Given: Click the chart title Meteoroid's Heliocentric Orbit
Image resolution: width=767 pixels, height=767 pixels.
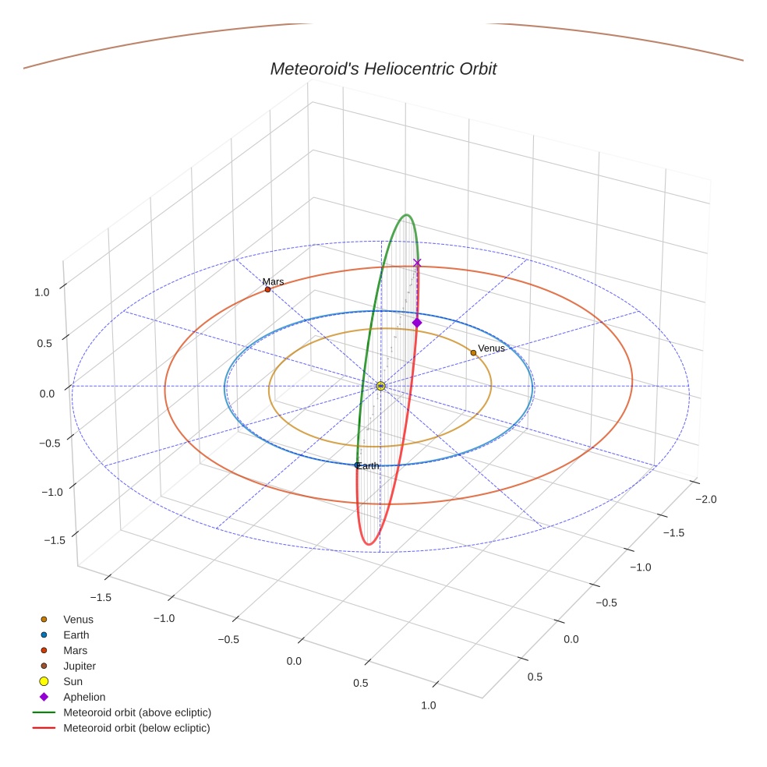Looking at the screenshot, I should tap(383, 69).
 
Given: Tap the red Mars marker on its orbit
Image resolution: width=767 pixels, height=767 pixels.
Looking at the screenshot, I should tap(268, 290).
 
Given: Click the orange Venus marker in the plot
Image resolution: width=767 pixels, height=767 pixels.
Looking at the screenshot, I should tap(473, 353).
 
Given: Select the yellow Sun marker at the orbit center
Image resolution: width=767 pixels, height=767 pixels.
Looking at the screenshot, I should tap(380, 387).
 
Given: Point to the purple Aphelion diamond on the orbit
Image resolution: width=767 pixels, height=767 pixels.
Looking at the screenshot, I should tap(417, 323).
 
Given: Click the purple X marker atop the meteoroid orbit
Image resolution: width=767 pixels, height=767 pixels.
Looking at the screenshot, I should tap(417, 263).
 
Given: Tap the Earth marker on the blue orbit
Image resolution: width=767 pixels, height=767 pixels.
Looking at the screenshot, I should tap(358, 465).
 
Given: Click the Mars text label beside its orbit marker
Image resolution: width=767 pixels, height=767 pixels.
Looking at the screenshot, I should tap(273, 281).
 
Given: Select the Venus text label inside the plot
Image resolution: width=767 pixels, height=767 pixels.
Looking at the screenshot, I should tap(491, 348).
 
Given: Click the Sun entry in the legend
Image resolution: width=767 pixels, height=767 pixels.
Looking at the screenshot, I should tap(72, 682).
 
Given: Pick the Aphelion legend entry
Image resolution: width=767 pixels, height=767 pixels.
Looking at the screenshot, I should tap(84, 698).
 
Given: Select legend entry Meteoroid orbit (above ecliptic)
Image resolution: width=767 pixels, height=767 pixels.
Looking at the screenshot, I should tap(137, 713).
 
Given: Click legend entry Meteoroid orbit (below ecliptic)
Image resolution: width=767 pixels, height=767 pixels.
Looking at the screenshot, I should tap(136, 729).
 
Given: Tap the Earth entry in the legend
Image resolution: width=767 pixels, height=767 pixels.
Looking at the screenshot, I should tap(76, 635).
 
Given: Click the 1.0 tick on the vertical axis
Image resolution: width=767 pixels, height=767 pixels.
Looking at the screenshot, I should tap(42, 292).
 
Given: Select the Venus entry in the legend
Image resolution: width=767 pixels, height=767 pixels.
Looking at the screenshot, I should tap(78, 620).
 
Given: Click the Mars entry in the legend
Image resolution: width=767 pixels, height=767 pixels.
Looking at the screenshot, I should tap(75, 651).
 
